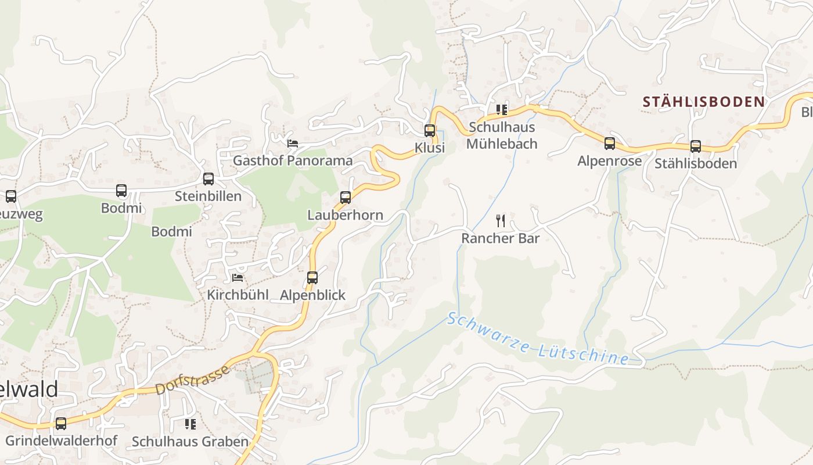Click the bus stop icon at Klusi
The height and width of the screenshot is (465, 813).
[x=430, y=131]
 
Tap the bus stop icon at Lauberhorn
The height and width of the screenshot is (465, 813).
[x=346, y=198]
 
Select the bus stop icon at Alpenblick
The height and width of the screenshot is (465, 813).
[x=312, y=278]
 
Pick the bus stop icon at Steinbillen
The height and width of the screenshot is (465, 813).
[x=208, y=179]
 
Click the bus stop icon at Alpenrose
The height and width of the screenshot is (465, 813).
[x=609, y=144]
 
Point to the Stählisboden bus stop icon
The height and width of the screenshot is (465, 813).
[x=695, y=146]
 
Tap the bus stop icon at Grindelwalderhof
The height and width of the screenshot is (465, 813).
[x=61, y=424]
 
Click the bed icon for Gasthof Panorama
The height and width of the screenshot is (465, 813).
[x=293, y=143]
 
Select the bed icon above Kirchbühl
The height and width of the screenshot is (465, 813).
[x=238, y=278]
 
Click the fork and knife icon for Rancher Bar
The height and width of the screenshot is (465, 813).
[x=501, y=221]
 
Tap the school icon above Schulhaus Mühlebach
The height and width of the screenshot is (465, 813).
[x=502, y=109]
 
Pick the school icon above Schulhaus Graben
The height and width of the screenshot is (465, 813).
[x=190, y=424]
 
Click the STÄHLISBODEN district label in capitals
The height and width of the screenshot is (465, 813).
[x=703, y=102]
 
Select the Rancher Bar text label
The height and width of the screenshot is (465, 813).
[x=501, y=238]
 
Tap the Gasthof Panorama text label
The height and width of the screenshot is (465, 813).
[x=293, y=160]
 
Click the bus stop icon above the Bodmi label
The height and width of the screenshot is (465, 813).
[x=121, y=191]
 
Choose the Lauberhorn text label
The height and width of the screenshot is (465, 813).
[x=346, y=215]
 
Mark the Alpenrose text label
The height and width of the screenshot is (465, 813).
[x=609, y=161]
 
